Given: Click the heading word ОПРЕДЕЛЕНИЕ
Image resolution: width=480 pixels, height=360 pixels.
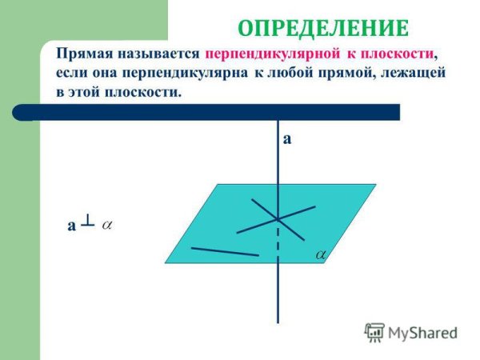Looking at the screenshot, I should click(x=322, y=29).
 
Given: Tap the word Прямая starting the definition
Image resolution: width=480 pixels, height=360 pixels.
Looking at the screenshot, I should click(x=82, y=55).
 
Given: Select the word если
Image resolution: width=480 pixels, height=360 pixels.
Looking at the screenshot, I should click(x=73, y=74).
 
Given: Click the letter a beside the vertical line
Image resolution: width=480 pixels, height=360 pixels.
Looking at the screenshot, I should click(x=287, y=139).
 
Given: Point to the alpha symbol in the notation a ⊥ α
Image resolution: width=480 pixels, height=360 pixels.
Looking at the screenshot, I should click(x=107, y=226).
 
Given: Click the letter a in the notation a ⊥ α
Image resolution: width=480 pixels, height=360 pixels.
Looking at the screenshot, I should click(x=72, y=227).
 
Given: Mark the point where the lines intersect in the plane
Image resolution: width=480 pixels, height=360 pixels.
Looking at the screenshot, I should click(x=278, y=218).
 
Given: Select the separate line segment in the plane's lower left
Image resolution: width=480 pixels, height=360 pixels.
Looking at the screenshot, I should click(x=226, y=251).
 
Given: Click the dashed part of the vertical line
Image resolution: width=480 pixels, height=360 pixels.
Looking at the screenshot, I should click(x=278, y=242).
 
